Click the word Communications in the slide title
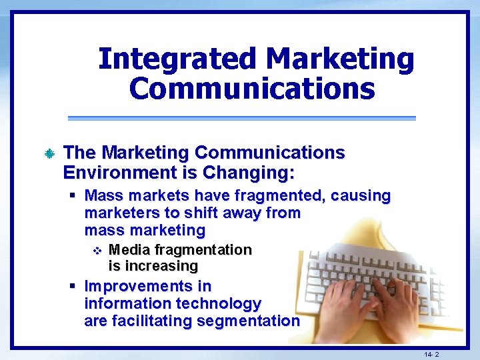pos(252,88)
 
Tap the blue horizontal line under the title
pos(241,118)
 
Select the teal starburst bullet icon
pos(49,154)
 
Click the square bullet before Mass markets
pos(73,195)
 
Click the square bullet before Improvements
pos(73,286)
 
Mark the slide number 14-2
pos(431,355)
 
